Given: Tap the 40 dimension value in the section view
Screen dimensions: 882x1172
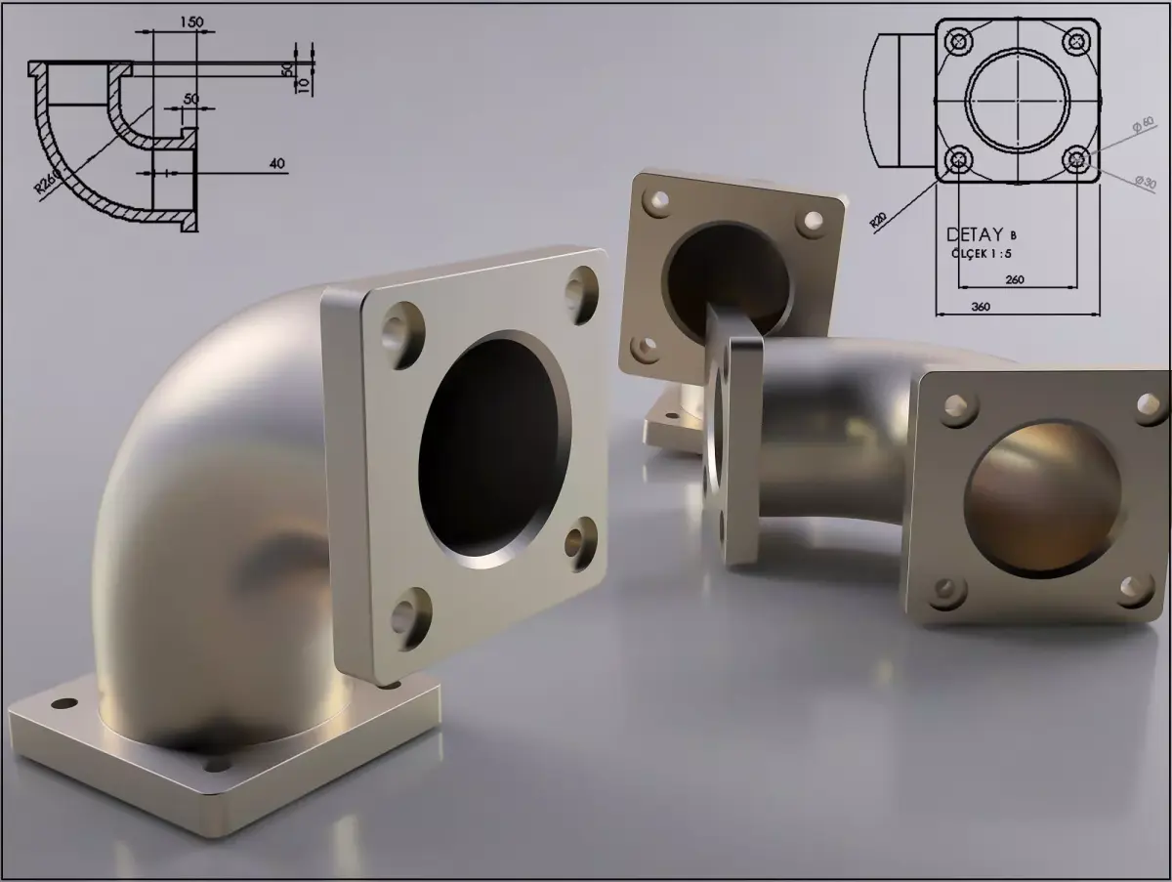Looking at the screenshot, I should (277, 164).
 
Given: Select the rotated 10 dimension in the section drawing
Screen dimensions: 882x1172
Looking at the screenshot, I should (303, 86).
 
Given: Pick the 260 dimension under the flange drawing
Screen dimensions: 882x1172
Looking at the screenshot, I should (1015, 279).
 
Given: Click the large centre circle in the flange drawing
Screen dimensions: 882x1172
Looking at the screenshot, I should (1018, 100).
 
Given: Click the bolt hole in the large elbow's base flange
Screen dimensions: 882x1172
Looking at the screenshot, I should (63, 703).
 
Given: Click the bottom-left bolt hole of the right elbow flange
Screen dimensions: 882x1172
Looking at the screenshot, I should (947, 590).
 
